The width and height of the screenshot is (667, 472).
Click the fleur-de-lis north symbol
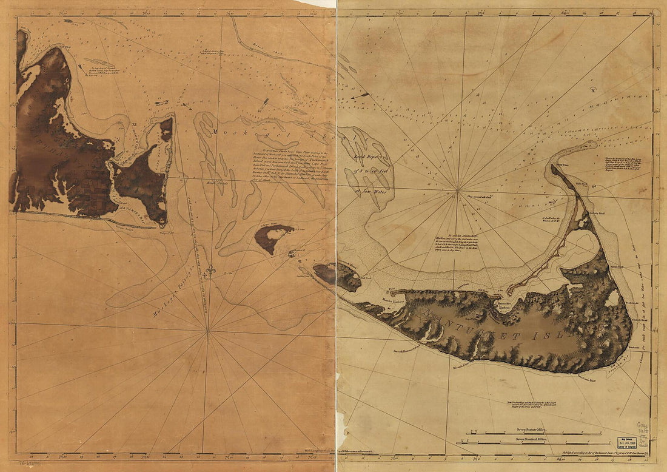tap(210, 271)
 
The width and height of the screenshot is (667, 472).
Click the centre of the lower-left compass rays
tap(207, 331)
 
